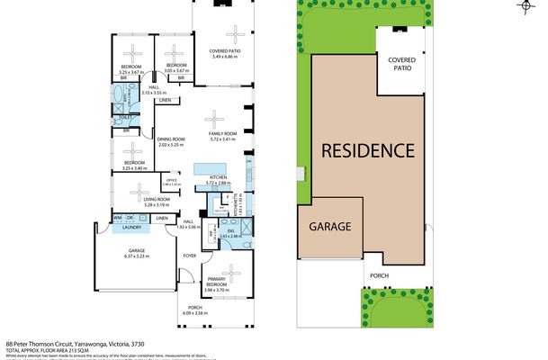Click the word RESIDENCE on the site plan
pyautogui.click(x=369, y=149)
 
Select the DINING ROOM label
pyautogui.click(x=171, y=139)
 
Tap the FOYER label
pyautogui.click(x=189, y=256)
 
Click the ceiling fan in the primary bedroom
pyautogui.click(x=231, y=271)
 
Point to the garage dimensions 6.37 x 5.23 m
pyautogui.click(x=137, y=257)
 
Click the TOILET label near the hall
pyautogui.click(x=126, y=116)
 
